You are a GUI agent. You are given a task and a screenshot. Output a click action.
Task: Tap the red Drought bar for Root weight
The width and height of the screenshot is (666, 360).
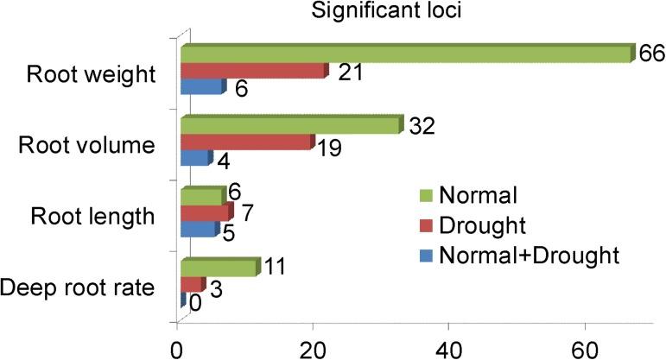click(x=253, y=71)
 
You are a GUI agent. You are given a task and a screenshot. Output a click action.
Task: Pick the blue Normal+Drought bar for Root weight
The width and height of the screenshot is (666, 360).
click(x=201, y=87)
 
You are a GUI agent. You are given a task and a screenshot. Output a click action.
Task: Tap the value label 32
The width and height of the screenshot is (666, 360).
click(x=422, y=126)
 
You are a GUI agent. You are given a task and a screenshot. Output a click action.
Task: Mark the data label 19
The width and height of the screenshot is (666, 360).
click(x=328, y=148)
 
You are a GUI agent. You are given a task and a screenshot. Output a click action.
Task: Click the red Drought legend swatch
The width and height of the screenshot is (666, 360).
click(x=423, y=224)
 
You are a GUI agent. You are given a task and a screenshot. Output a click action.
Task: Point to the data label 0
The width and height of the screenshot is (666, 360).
click(x=197, y=304)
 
